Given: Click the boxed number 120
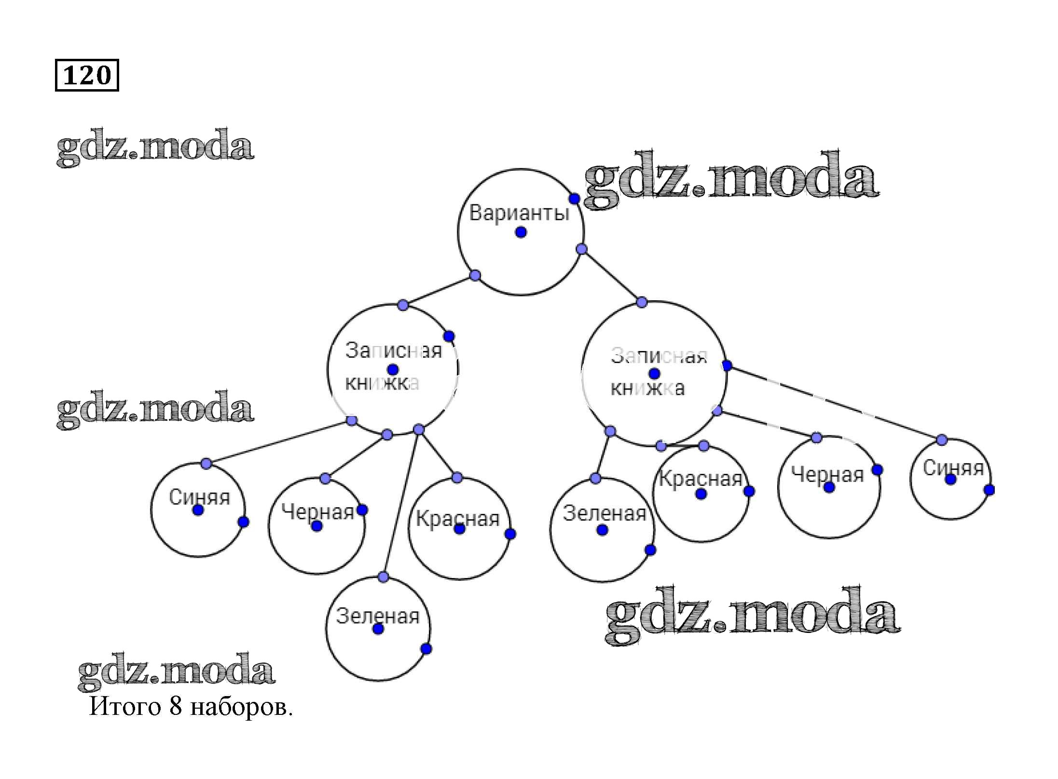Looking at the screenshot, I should (x=87, y=75).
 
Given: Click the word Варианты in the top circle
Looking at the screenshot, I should (x=519, y=213).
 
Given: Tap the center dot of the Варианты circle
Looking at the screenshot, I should (x=521, y=232).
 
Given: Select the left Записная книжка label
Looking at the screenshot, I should (x=393, y=366).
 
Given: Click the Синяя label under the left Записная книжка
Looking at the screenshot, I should (x=199, y=497).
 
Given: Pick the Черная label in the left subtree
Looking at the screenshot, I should (x=318, y=511).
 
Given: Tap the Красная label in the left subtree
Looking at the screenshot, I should (x=457, y=519).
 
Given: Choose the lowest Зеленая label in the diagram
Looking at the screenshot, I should (x=378, y=616).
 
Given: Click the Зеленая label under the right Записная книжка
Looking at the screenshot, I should (x=604, y=513).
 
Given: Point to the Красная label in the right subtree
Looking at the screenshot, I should (x=701, y=479).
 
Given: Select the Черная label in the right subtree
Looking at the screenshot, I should (x=827, y=475).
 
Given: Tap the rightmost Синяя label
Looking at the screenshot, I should (x=953, y=468).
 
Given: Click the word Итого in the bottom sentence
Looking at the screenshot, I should (x=125, y=707).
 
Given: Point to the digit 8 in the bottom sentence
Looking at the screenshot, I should (x=176, y=707).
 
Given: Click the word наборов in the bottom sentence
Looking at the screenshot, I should (x=241, y=708).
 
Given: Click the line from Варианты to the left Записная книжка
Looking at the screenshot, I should (x=439, y=290).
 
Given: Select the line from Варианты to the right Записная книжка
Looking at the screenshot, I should (x=612, y=276).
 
